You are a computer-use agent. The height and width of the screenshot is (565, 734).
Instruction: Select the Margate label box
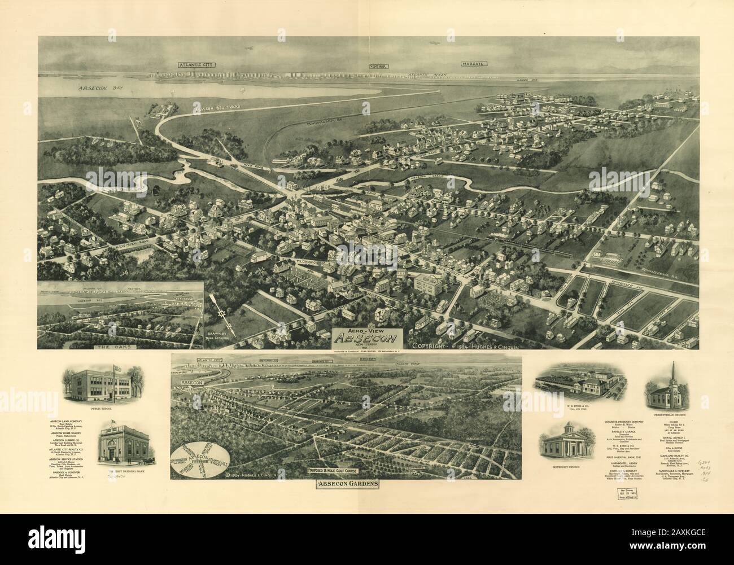(473, 65)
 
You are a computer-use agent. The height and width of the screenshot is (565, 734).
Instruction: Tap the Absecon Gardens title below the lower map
(346, 484)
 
